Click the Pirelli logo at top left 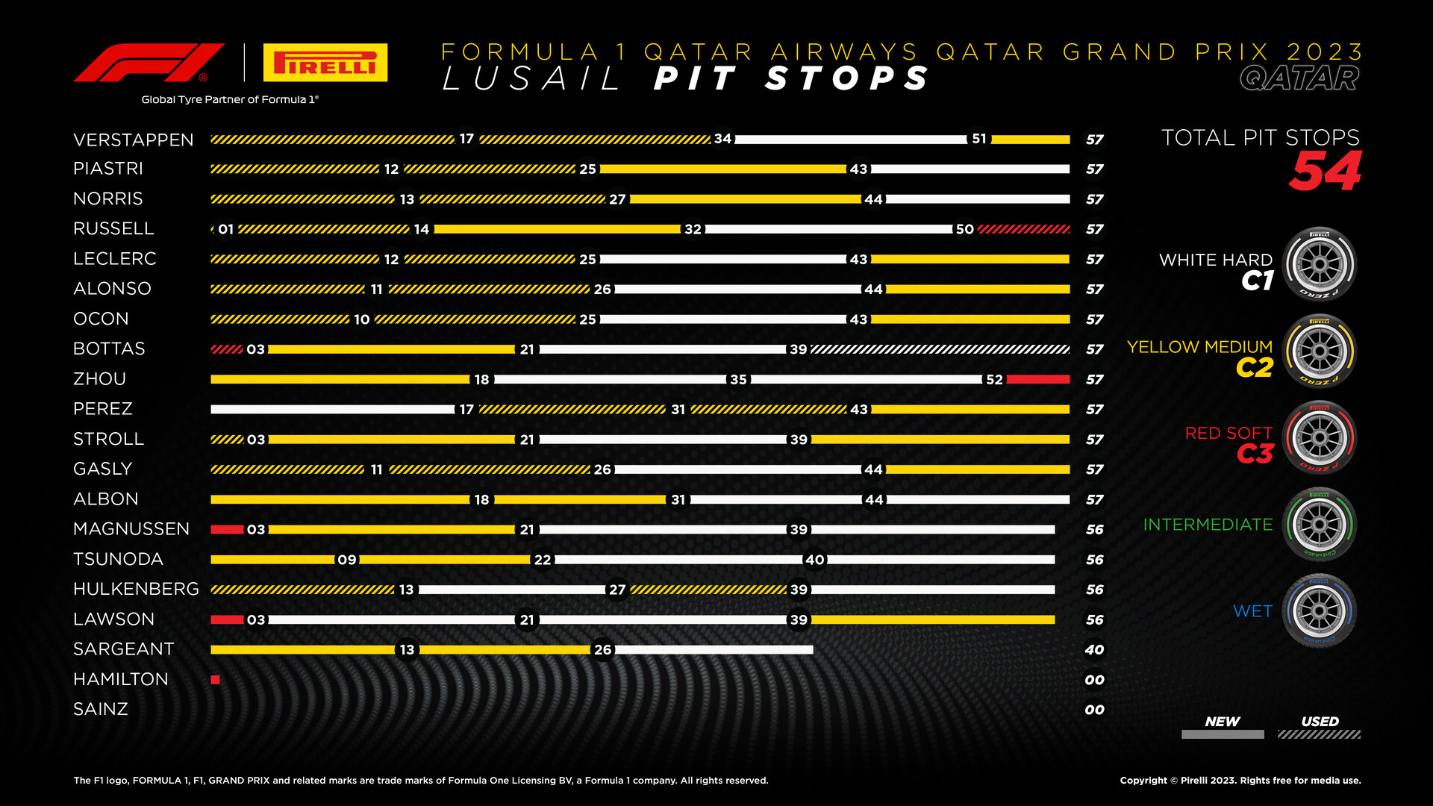(325, 62)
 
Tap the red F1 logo (149, 63)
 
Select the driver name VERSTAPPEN (134, 140)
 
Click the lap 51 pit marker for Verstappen (979, 139)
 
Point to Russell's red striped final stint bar (1024, 229)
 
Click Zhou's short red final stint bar (1038, 379)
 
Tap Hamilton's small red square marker (215, 680)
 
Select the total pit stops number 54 (1326, 172)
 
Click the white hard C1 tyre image (1320, 264)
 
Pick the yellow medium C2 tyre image (1320, 351)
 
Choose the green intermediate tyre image (1320, 525)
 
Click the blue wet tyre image (1320, 611)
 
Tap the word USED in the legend (1320, 722)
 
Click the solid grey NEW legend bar (1223, 734)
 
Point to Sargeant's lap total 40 (1094, 650)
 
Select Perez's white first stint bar (333, 409)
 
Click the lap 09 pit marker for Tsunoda (347, 560)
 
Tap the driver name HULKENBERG (136, 590)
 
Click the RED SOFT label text (1228, 433)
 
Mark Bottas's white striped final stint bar (940, 349)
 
